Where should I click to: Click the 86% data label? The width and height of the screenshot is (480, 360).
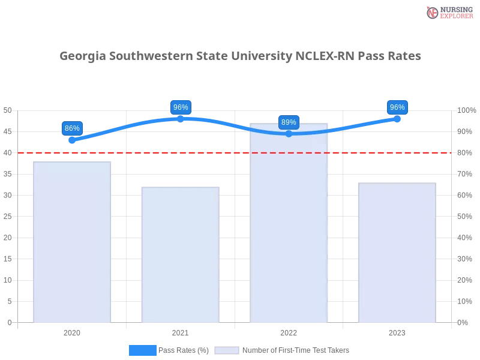tap(72, 128)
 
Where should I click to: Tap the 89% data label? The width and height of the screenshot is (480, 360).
tap(289, 122)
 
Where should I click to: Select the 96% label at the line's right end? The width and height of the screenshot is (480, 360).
tap(397, 107)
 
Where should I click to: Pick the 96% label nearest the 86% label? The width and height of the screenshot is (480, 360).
tap(180, 107)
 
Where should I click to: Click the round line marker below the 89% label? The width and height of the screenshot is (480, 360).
tap(289, 133)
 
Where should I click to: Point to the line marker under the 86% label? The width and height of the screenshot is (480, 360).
tap(72, 140)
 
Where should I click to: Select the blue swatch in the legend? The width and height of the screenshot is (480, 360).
tap(142, 350)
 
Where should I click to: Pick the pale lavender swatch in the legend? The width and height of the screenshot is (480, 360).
tap(227, 350)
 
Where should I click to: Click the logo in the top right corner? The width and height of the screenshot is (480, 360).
tap(448, 12)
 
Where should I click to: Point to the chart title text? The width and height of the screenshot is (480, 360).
tap(240, 56)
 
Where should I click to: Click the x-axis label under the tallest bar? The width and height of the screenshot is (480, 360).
tap(288, 332)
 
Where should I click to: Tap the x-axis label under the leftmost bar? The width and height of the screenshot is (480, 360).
tap(72, 332)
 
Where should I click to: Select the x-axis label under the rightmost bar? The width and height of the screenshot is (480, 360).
tap(397, 332)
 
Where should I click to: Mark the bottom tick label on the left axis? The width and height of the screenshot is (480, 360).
tap(9, 322)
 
